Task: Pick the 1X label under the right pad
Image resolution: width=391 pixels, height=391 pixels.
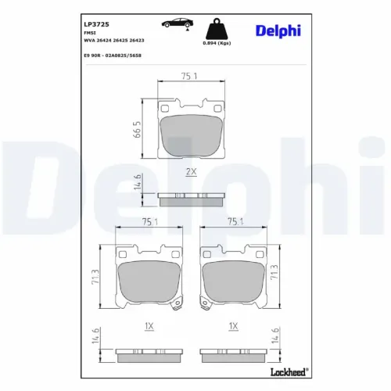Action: pos(232,325)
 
